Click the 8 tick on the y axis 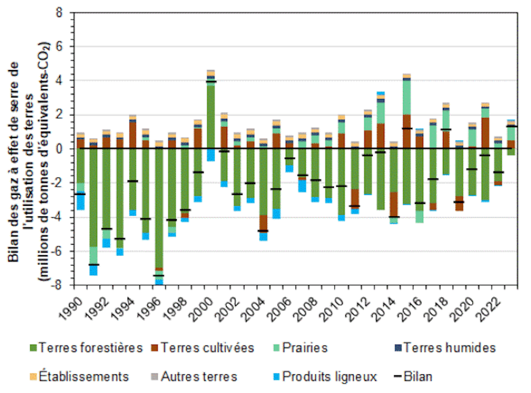(64, 12)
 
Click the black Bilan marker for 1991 (94, 265)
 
